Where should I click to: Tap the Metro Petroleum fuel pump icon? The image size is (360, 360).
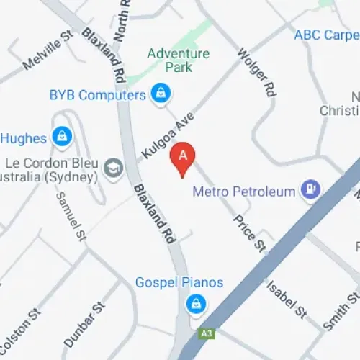(310, 189)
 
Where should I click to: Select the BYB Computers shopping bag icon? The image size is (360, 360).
(159, 93)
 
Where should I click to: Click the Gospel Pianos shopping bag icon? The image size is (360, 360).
(194, 305)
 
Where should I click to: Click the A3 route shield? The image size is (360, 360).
(207, 333)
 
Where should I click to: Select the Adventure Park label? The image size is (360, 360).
(179, 60)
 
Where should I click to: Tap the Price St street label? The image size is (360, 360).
(248, 231)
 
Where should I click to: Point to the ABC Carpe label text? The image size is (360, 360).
(326, 35)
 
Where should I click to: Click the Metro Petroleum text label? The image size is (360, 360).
(244, 192)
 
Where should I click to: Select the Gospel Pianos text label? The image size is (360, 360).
(179, 283)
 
